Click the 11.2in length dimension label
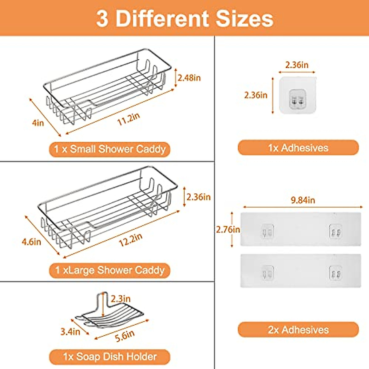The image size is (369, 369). tap(129, 119)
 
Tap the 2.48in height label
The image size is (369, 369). tap(189, 78)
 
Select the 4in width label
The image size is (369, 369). tap(38, 123)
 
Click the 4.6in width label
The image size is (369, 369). tap(31, 242)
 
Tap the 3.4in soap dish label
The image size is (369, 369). tap(70, 331)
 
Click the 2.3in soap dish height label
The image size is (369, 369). tap(121, 299)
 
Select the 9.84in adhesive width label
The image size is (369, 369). tap(303, 200)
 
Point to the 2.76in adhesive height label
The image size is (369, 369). tap(228, 229)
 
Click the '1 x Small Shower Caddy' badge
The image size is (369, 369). tap(110, 149)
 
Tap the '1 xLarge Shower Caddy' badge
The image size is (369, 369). tap(110, 271)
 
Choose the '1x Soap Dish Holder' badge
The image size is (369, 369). tap(110, 357)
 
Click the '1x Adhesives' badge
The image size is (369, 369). tap(298, 148)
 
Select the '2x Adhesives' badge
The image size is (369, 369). tap(298, 330)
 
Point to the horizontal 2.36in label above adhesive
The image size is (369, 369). tap(296, 65)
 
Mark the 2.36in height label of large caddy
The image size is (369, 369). tap(198, 197)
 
